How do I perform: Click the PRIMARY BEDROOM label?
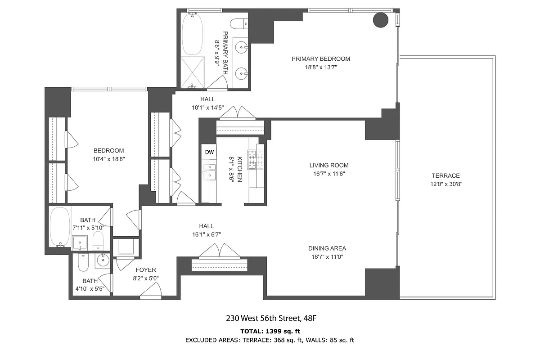(320, 58)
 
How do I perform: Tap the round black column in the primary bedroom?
(381, 20)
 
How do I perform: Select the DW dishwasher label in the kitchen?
(209, 152)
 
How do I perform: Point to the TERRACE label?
(445, 175)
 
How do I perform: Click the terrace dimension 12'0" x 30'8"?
(445, 184)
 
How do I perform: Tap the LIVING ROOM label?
(328, 165)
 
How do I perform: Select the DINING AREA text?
(327, 248)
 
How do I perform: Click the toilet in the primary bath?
(238, 23)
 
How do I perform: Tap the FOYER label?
(146, 270)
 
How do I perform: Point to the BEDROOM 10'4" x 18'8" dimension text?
(108, 159)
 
